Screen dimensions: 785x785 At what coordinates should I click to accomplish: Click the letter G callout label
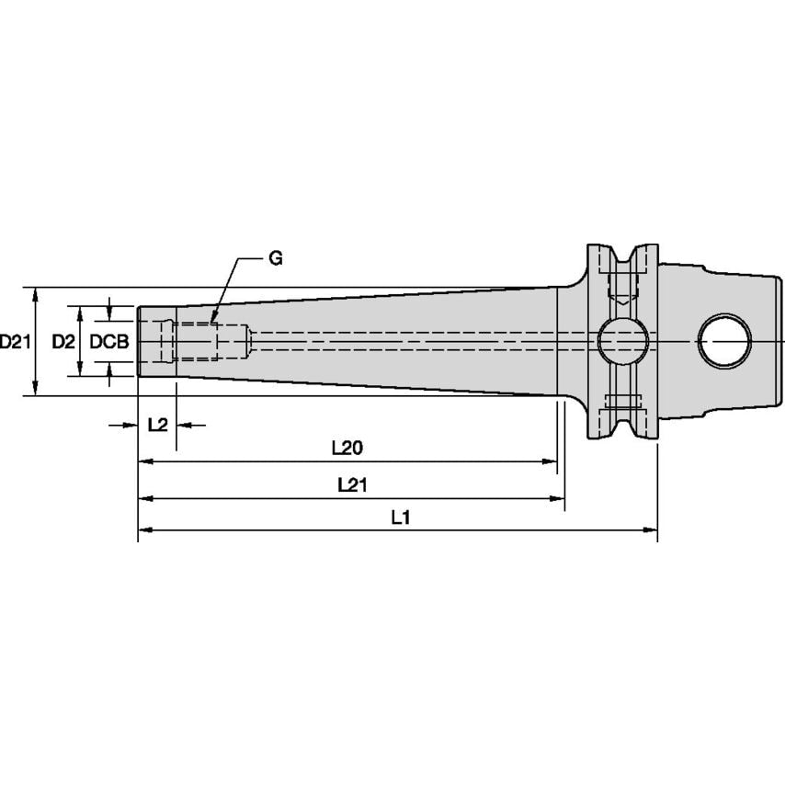pos(276,258)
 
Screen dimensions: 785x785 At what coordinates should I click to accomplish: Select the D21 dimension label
pos(16,342)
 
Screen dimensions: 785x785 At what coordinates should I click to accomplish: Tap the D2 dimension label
pos(63,342)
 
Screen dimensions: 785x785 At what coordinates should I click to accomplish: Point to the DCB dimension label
pos(109,342)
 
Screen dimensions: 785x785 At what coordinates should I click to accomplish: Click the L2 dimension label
pos(157,425)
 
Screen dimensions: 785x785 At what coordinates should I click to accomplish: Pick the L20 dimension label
pos(347,448)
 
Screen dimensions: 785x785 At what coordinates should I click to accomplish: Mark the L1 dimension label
pos(399,518)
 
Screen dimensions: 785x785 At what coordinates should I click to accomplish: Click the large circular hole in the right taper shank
pos(724,342)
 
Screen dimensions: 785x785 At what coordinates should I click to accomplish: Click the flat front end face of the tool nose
pos(139,342)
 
